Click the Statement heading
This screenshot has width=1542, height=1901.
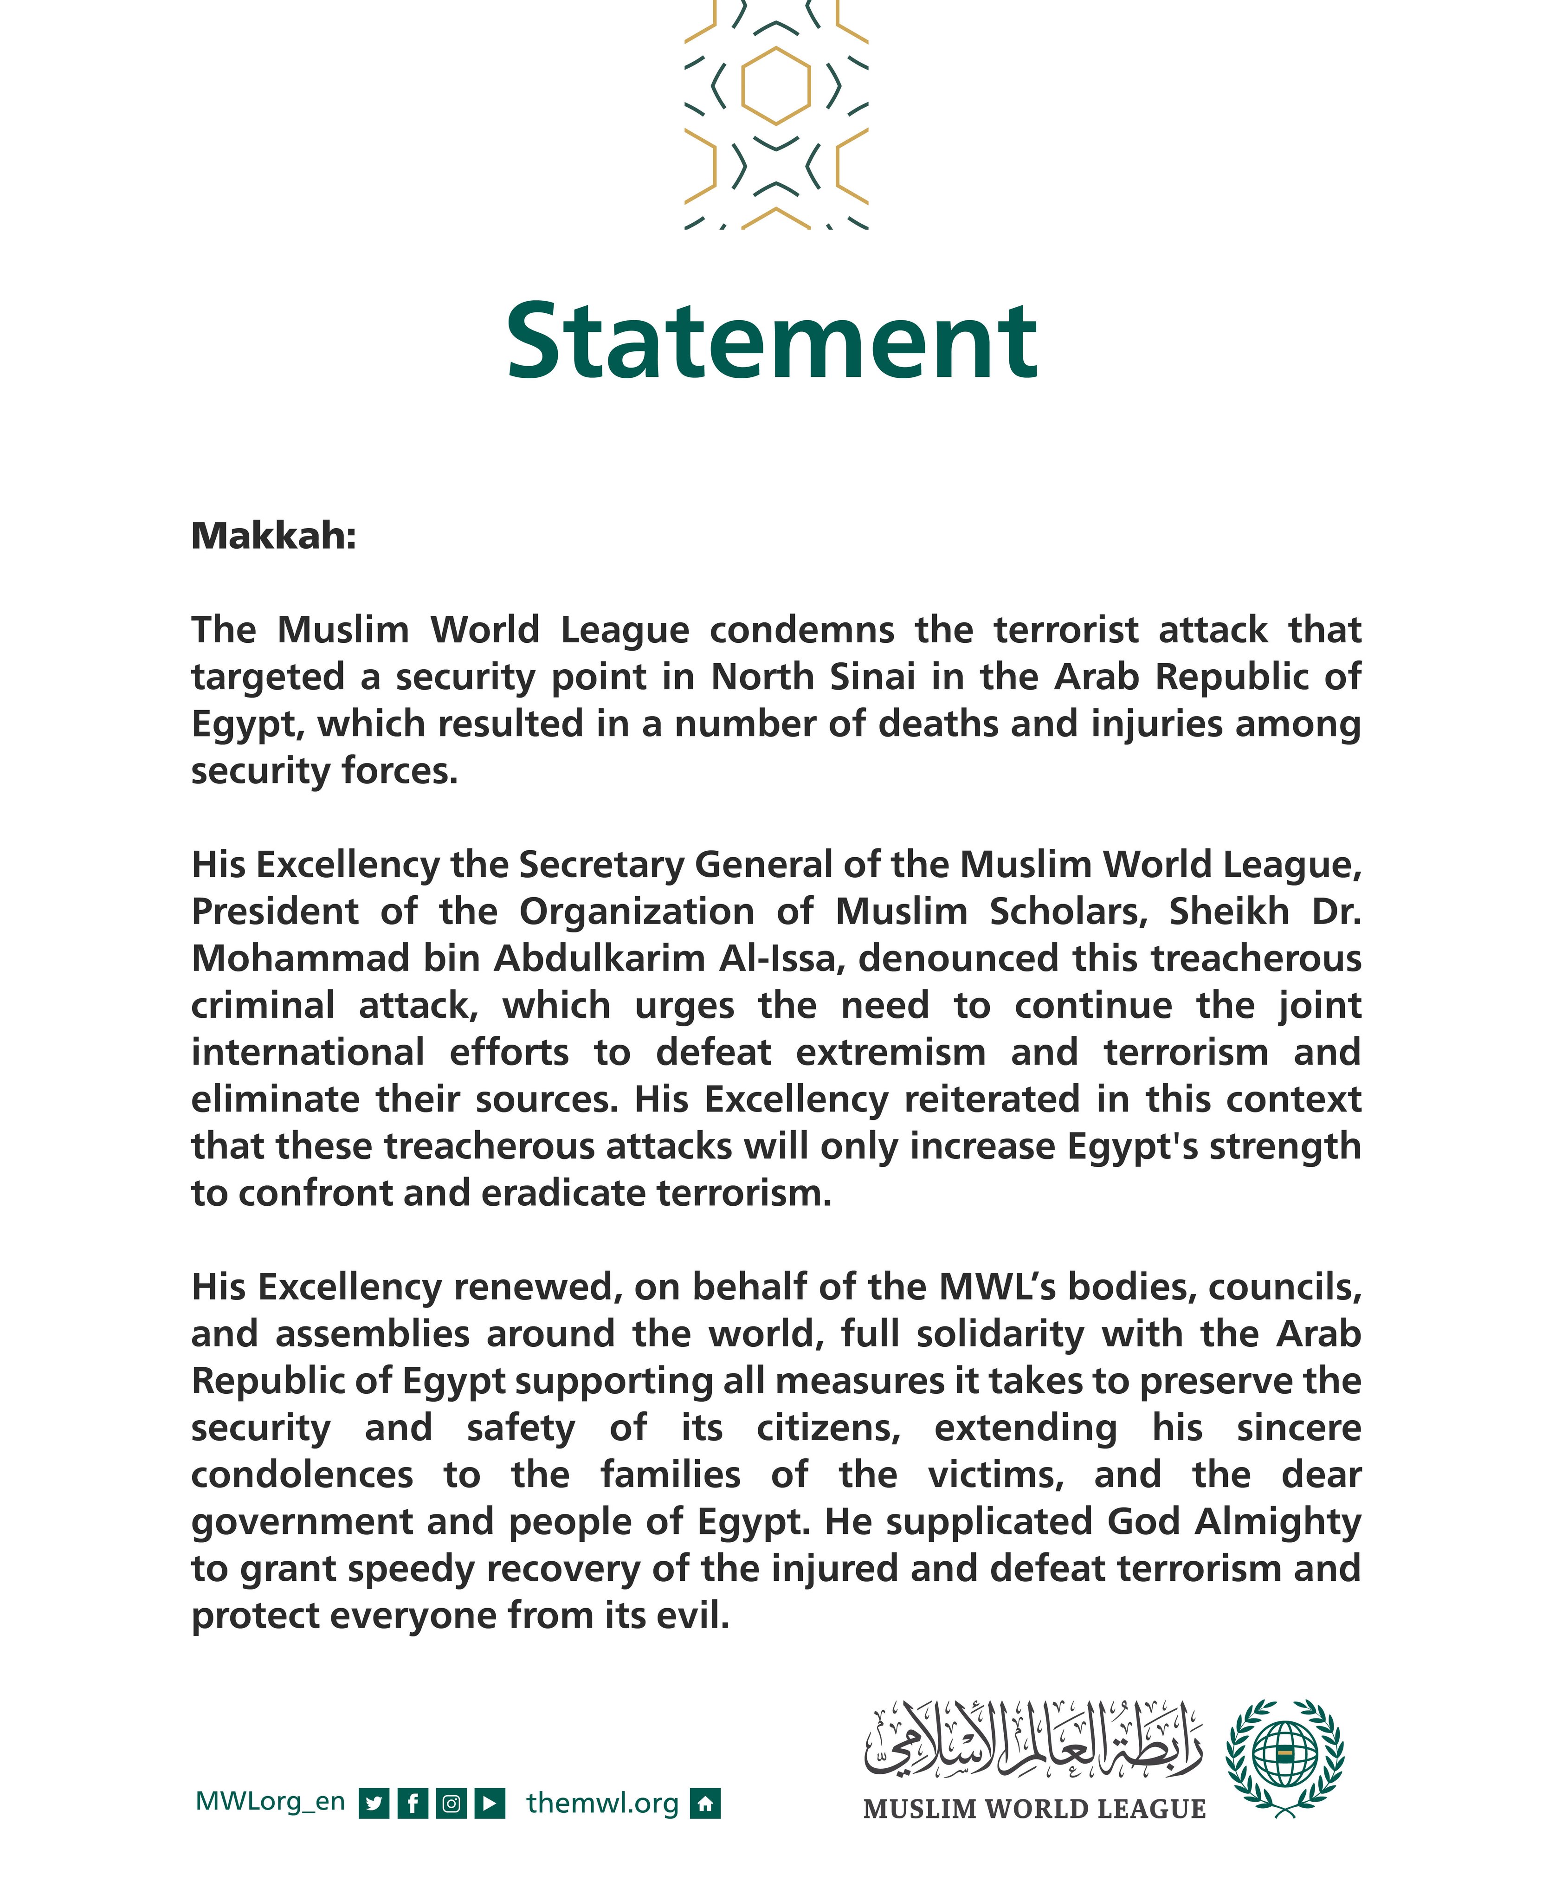pos(771,341)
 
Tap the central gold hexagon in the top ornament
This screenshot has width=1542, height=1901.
pos(775,85)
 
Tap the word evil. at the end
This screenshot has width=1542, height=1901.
pos(693,1616)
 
